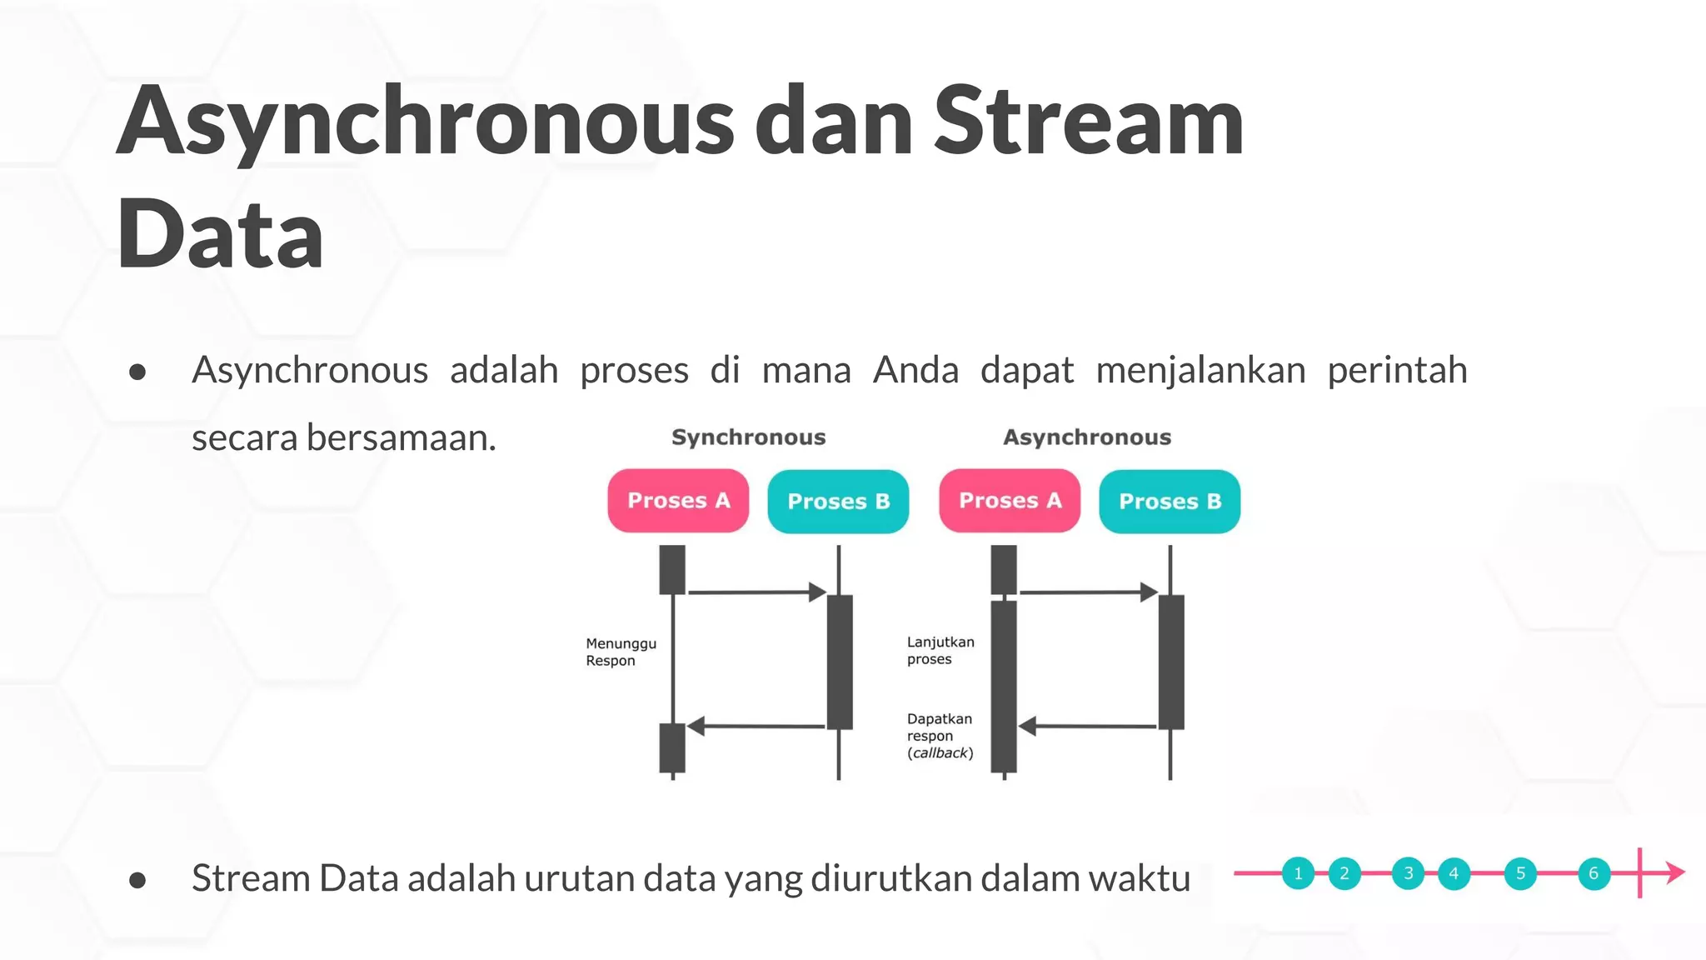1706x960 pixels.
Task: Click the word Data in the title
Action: tap(220, 235)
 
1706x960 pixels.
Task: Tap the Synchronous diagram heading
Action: tap(748, 437)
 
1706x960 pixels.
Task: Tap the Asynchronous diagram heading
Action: tap(1086, 437)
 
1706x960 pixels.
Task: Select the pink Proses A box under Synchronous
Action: tap(678, 501)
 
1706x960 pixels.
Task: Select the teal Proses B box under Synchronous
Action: tap(838, 502)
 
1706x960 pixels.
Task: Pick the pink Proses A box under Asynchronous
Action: tap(1010, 501)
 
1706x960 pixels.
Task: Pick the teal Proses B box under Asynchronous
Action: tap(1170, 502)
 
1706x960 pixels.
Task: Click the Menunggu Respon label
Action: tap(621, 652)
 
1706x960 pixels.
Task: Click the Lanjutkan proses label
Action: tap(940, 650)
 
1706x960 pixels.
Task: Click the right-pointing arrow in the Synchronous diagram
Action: tap(756, 592)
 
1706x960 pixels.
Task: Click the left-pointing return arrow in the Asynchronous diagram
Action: tap(1086, 726)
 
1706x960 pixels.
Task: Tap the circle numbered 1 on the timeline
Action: tap(1298, 873)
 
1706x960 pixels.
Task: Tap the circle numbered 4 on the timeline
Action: tap(1454, 873)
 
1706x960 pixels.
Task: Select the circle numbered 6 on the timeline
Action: tap(1594, 873)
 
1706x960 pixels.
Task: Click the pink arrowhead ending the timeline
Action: tap(1676, 873)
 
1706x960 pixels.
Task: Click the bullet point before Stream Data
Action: tap(138, 880)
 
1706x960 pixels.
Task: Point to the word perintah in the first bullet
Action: tap(1396, 370)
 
